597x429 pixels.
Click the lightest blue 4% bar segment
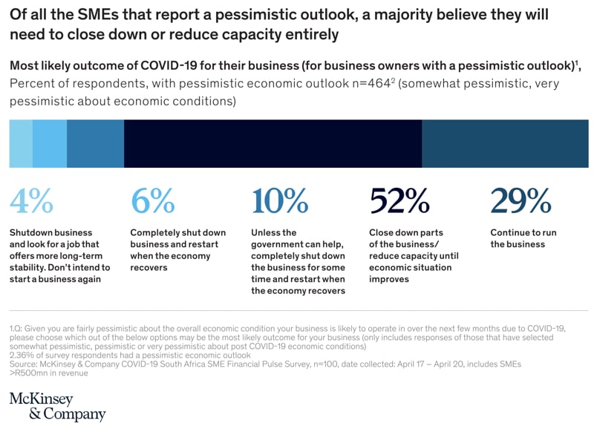tap(21, 143)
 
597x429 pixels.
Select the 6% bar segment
tap(50, 143)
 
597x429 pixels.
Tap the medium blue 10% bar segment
tap(96, 143)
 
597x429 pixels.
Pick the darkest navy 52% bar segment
tap(273, 143)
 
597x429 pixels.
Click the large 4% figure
tap(31, 200)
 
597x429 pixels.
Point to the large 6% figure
tap(152, 200)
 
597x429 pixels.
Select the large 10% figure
tap(280, 200)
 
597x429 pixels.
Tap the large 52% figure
tap(399, 200)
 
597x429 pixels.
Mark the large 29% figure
tap(521, 200)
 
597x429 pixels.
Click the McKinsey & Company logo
tap(57, 406)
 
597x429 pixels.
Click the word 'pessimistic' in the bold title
tap(238, 14)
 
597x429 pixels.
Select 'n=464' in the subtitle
tap(368, 84)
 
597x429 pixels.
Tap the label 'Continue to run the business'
tap(523, 238)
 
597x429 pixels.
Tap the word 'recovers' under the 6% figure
tap(149, 267)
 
